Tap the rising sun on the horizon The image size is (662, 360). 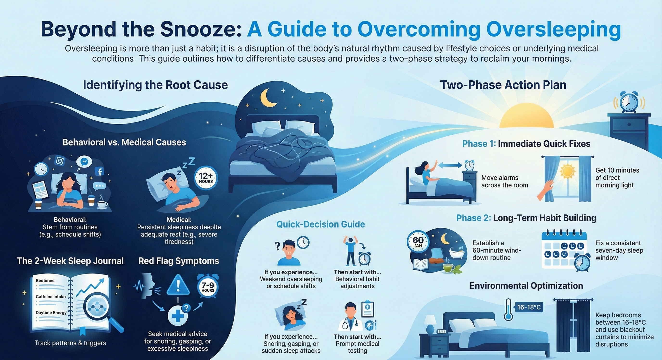526,116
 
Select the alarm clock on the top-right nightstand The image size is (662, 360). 629,102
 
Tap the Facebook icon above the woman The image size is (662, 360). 99,171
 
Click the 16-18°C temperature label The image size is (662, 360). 528,307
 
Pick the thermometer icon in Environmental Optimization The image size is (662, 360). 508,309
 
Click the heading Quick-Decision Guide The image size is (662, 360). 320,224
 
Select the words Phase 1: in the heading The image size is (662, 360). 479,144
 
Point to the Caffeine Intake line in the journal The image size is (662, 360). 51,296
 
